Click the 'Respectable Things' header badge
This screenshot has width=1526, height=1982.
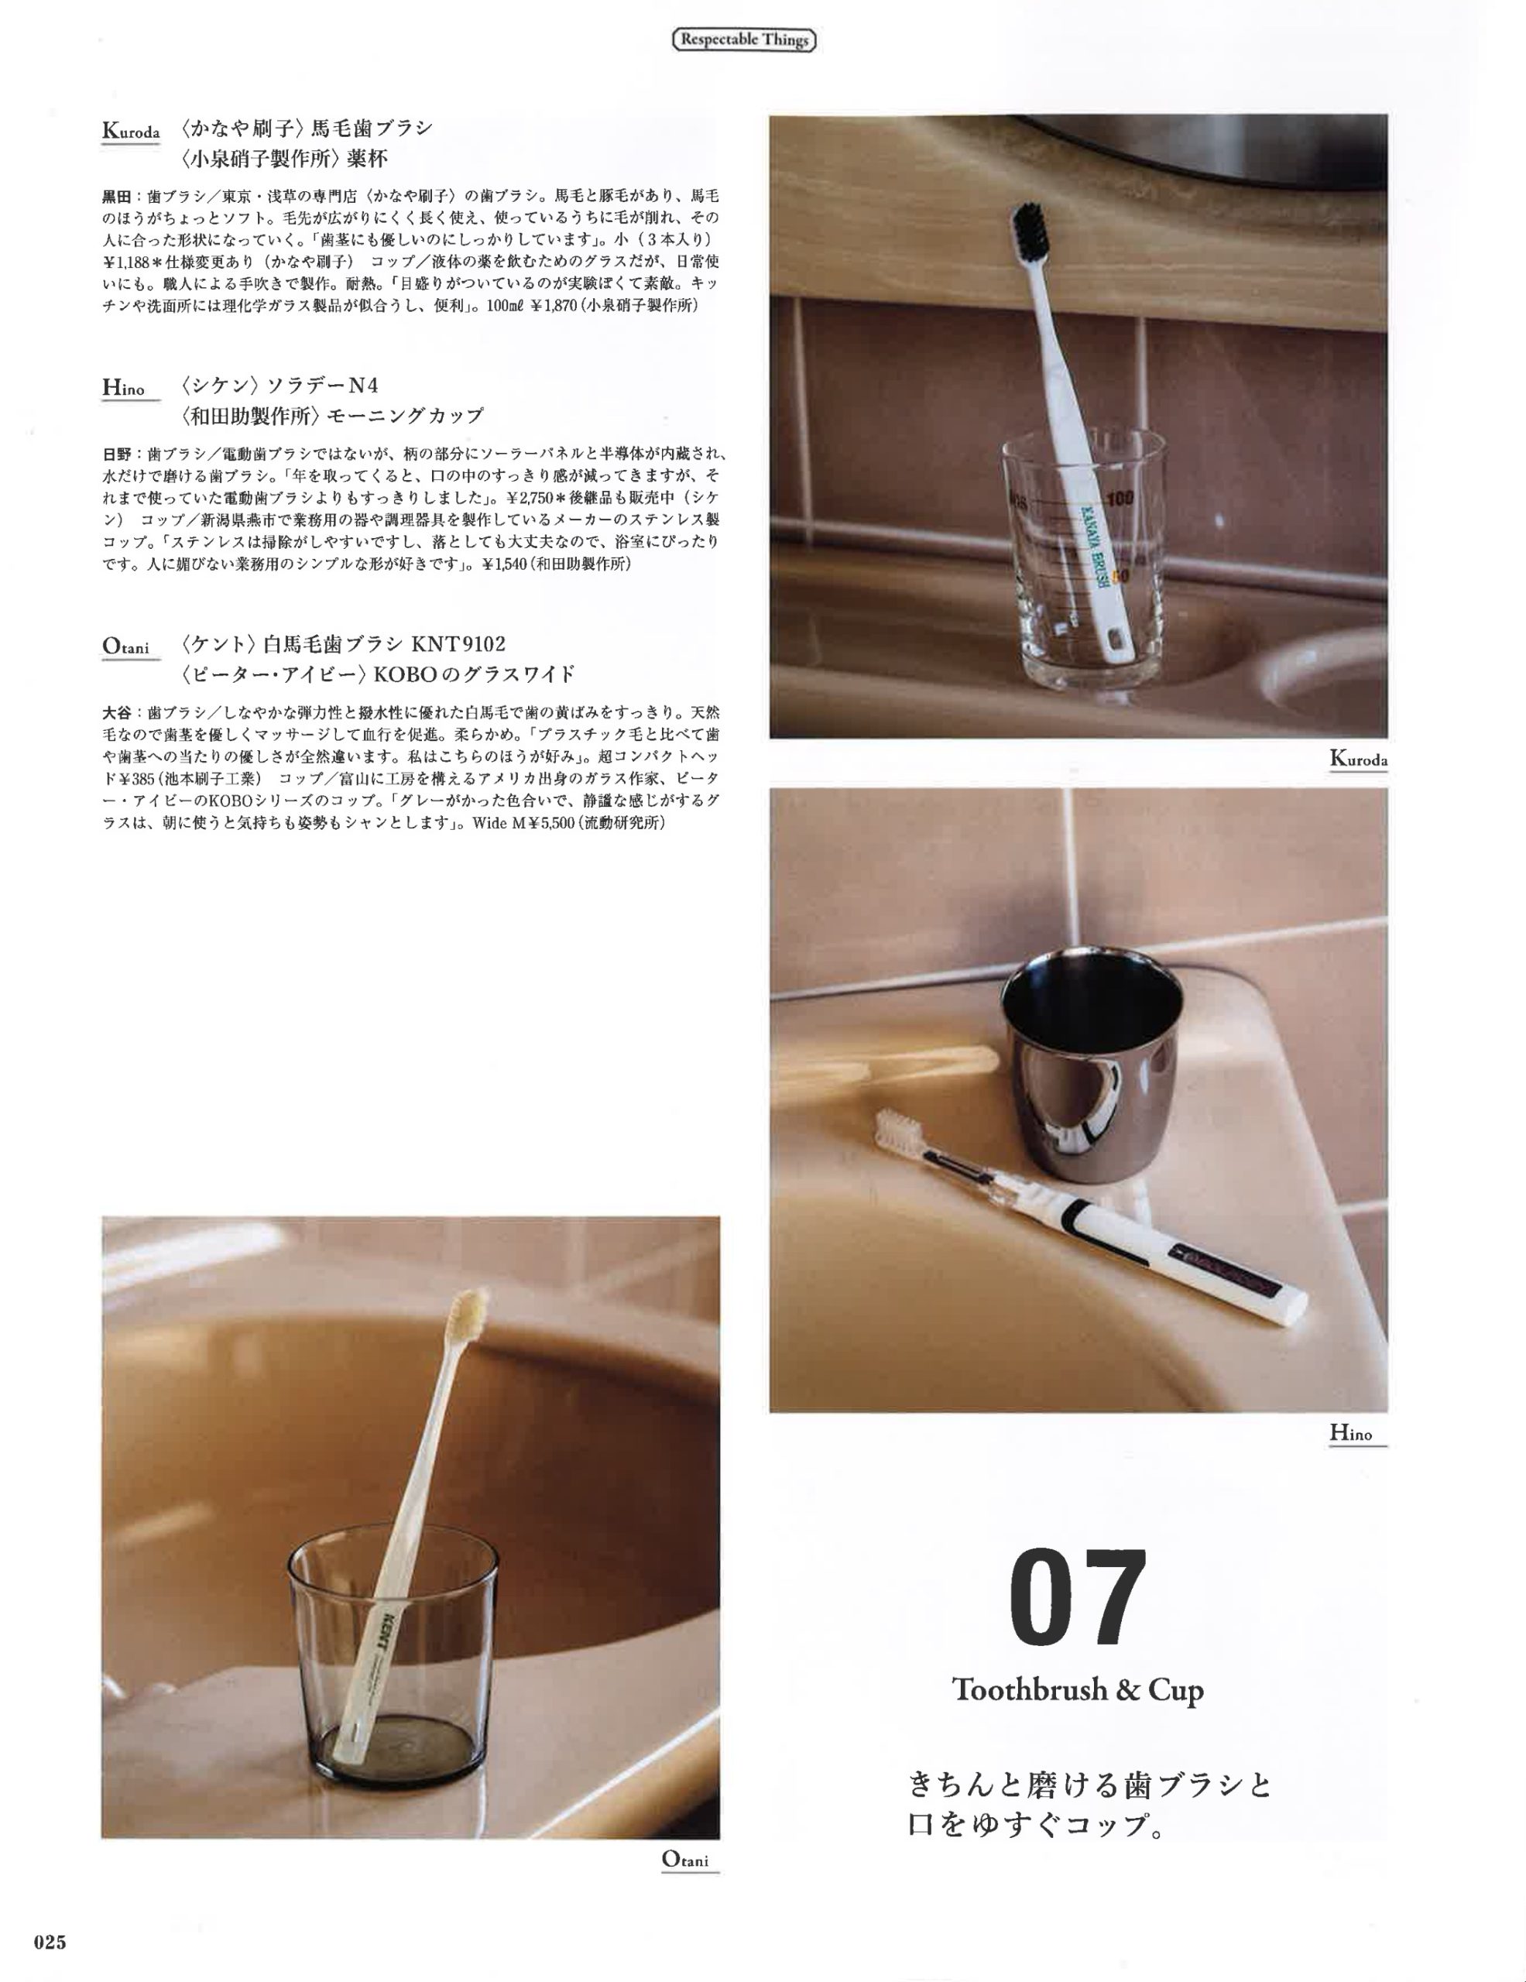[x=744, y=41]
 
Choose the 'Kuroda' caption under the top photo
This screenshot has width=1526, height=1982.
[x=1358, y=759]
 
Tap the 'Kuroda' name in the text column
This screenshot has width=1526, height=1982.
[x=131, y=132]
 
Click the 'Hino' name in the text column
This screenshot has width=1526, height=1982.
[x=123, y=389]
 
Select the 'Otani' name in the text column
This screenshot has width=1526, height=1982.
[x=125, y=647]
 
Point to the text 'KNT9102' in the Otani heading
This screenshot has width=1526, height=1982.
[x=459, y=644]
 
